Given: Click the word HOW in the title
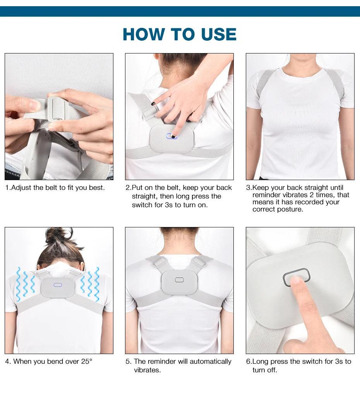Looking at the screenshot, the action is point(144,34).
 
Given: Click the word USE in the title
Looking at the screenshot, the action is point(219,34).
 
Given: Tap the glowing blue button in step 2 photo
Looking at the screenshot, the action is point(171,136).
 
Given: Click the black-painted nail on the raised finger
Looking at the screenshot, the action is point(153,104).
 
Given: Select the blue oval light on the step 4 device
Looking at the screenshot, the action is point(58,285).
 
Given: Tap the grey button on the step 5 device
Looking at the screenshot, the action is point(179,280).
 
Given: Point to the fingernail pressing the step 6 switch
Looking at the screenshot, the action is point(295,280).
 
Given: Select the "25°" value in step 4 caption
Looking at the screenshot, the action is point(87,361).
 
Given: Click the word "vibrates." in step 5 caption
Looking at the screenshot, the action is point(147,370).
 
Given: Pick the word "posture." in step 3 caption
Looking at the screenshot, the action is point(290,210).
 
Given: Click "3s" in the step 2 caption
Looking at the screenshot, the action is point(169,205).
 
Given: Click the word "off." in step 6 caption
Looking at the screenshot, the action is point(271,370).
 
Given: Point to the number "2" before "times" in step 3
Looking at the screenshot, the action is point(312,195).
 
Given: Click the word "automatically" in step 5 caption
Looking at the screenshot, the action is point(211,361).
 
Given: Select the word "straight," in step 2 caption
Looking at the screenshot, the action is point(144,196).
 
